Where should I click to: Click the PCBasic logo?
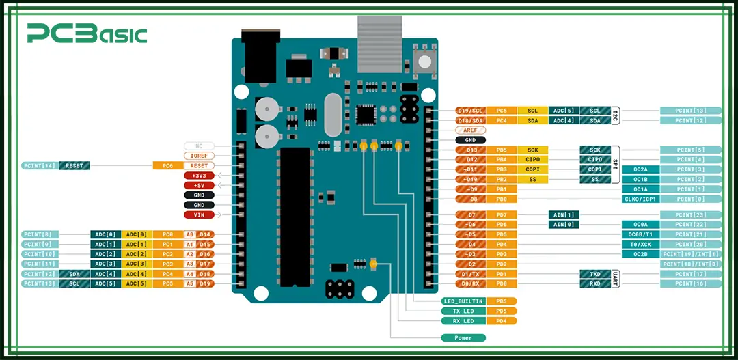(x=87, y=33)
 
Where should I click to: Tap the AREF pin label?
(x=470, y=130)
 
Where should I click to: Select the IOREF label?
(x=199, y=156)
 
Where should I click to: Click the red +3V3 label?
(x=199, y=176)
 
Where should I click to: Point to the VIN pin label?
(x=199, y=214)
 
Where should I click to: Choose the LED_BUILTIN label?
(x=463, y=301)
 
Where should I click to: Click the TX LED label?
(x=463, y=311)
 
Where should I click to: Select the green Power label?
(x=463, y=337)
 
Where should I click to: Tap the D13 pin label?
(x=470, y=150)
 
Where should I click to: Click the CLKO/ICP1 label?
(x=640, y=199)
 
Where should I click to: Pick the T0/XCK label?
(x=640, y=244)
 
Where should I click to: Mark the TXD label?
(x=594, y=274)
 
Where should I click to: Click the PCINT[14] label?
(x=40, y=165)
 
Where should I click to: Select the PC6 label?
(x=167, y=165)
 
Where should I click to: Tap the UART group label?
(x=615, y=279)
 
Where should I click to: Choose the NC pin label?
(x=199, y=146)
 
